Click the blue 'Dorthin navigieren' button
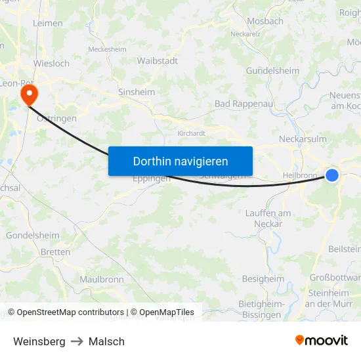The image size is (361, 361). [180, 161]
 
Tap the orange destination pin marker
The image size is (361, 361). [29, 95]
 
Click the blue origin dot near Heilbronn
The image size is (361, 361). [332, 175]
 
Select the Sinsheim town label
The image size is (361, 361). [137, 93]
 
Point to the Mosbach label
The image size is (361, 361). [265, 21]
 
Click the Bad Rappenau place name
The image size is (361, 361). [243, 104]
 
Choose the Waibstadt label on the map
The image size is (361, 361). [158, 60]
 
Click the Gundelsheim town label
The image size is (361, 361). [272, 71]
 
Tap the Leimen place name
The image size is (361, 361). [48, 23]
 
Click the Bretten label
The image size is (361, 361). [55, 252]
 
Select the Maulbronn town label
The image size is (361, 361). [102, 279]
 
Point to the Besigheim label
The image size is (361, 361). [263, 278]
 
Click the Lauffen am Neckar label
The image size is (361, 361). [268, 219]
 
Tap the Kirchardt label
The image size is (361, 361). [192, 133]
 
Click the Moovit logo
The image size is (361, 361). [322, 341]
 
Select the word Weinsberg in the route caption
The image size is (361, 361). [39, 341]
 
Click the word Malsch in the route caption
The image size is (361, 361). [106, 341]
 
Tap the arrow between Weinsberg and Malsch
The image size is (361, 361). [77, 341]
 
